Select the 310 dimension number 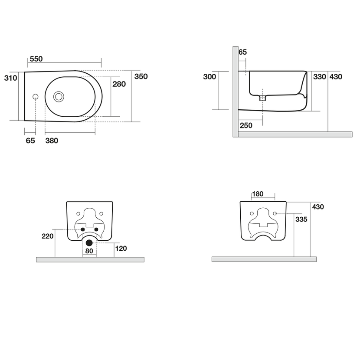coord(10,78)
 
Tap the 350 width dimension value coord(141,77)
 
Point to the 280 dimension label coord(119,84)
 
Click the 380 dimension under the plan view coord(52,141)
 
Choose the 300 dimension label coord(209,77)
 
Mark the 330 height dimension coord(319,77)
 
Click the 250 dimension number coord(245,125)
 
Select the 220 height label coord(47,236)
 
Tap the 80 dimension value coord(89,251)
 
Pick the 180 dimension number coord(258,194)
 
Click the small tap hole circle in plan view coord(36,96)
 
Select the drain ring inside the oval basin coord(59,96)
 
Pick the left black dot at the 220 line coord(83,229)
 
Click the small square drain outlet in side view coord(262,98)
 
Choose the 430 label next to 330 coord(336,77)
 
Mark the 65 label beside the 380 coord(30,141)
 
